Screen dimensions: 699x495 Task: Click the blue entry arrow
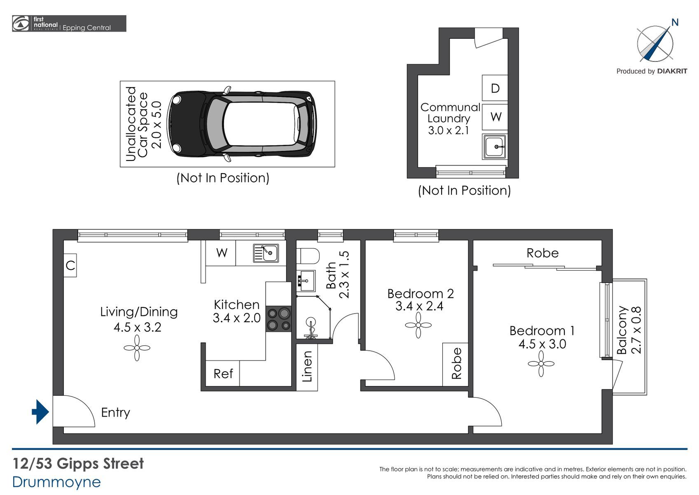[x=40, y=412]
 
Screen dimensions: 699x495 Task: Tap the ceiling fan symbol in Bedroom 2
[x=418, y=325]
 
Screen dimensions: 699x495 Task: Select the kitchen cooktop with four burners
[x=279, y=319]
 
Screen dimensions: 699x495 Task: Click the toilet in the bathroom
[x=308, y=256]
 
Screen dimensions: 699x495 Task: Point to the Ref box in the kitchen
[x=222, y=373]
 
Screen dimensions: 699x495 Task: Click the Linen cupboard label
[x=307, y=367]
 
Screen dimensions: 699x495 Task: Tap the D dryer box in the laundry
[x=495, y=88]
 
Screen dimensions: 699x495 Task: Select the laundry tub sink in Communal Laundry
[x=495, y=146]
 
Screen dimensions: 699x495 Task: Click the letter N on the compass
[x=675, y=23]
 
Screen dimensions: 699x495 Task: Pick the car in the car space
[x=242, y=124]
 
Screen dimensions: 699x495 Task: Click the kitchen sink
[x=266, y=253]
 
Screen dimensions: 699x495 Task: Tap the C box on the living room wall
[x=70, y=265]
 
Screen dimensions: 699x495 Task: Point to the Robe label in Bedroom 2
[x=456, y=363]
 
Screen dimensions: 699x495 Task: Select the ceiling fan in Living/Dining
[x=137, y=348]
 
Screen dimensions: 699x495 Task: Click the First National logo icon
[x=20, y=24]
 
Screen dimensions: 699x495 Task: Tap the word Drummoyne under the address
[x=56, y=482]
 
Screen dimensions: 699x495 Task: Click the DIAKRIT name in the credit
[x=672, y=71]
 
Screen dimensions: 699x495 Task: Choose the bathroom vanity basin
[x=306, y=280]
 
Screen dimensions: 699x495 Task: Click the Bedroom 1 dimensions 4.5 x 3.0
[x=542, y=344]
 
